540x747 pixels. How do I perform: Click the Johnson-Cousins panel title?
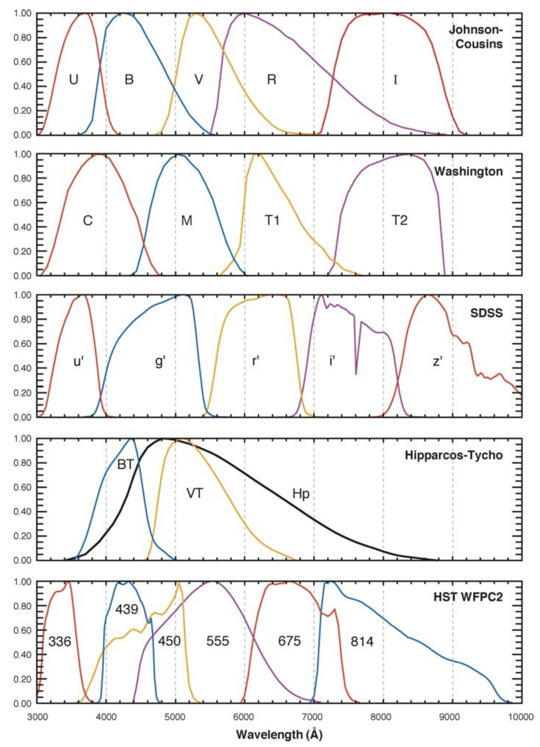pos(476,37)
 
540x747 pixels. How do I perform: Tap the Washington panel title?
pos(468,172)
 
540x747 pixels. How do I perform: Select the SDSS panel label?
pos(486,313)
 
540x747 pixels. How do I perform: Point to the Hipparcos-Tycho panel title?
pos(454,455)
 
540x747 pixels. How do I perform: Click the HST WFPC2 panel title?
pos(468,597)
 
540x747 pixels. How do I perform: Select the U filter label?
pos(74,80)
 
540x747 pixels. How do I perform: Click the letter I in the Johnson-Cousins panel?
pos(395,80)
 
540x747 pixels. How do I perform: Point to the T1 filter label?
pos(272,220)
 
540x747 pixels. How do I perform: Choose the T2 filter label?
pos(399,220)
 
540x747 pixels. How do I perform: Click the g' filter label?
pos(160,361)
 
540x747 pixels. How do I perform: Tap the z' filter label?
pos(437,361)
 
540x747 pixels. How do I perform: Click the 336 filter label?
pos(60,641)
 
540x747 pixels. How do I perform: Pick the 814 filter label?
pos(362,641)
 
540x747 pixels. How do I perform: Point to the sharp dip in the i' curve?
pos(356,373)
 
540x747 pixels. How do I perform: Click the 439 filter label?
pos(127,609)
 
